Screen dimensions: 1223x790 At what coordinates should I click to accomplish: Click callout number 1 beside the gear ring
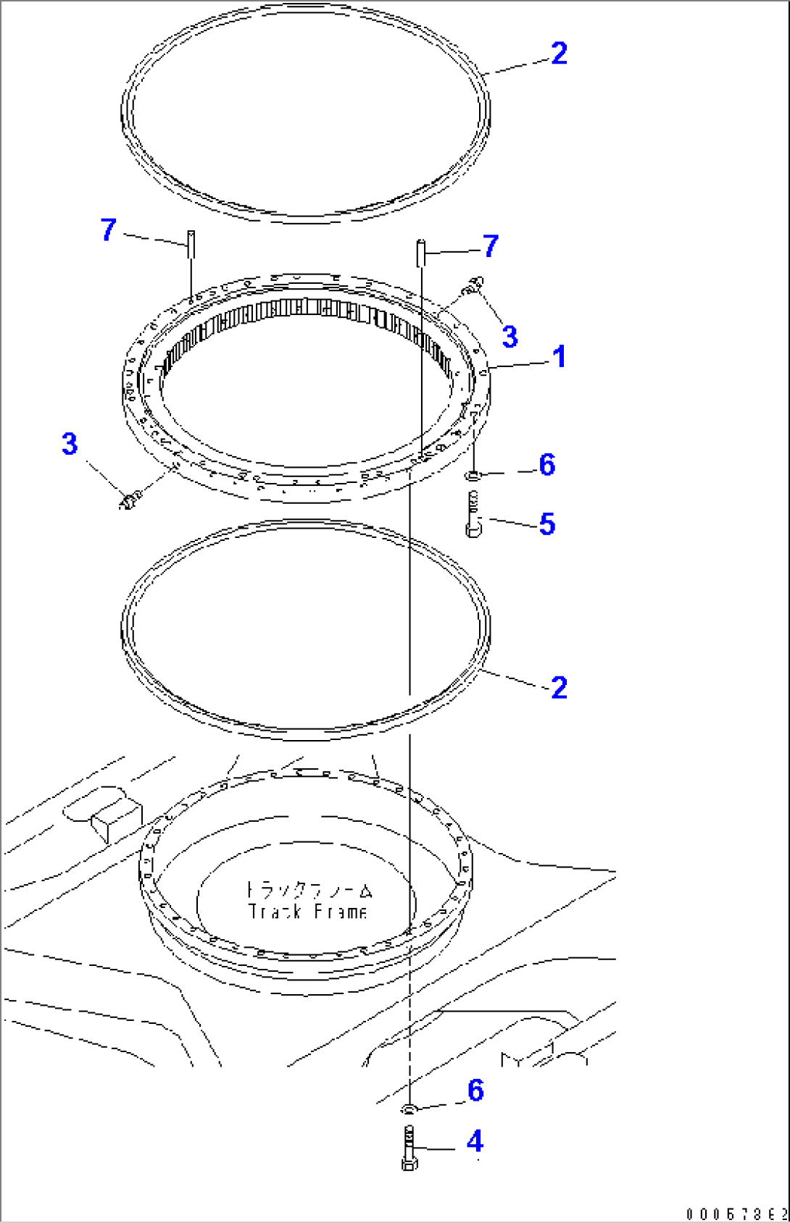(559, 357)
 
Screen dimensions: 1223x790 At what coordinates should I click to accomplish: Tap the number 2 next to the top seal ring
(559, 54)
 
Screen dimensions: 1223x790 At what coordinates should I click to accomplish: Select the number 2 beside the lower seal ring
(559, 687)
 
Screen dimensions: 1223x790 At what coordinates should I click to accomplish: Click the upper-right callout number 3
(510, 336)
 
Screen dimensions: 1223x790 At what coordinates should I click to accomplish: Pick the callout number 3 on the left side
(70, 443)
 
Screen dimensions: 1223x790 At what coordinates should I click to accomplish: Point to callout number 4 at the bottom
(474, 1142)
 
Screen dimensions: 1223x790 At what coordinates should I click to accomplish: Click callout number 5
(547, 524)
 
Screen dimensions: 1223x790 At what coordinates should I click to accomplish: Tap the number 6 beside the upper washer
(547, 465)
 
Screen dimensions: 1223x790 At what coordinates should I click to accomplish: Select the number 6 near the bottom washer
(475, 1090)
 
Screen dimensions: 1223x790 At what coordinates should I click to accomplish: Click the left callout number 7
(108, 230)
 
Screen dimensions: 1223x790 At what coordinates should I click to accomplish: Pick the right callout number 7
(491, 246)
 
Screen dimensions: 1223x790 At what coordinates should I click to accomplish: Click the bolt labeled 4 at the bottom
(409, 1148)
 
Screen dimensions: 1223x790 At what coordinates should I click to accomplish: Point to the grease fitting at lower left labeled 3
(130, 499)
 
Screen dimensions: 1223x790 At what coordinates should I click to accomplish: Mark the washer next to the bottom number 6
(409, 1108)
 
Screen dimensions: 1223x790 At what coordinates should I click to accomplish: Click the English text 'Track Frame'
(307, 912)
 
